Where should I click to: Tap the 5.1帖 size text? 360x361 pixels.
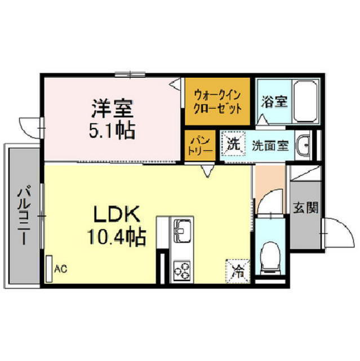click(x=112, y=130)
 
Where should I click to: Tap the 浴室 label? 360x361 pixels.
click(x=274, y=102)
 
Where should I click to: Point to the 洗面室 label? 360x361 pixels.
click(x=270, y=145)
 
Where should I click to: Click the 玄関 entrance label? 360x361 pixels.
click(x=305, y=208)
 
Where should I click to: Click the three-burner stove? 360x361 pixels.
click(x=183, y=270)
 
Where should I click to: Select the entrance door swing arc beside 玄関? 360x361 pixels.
click(x=337, y=230)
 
